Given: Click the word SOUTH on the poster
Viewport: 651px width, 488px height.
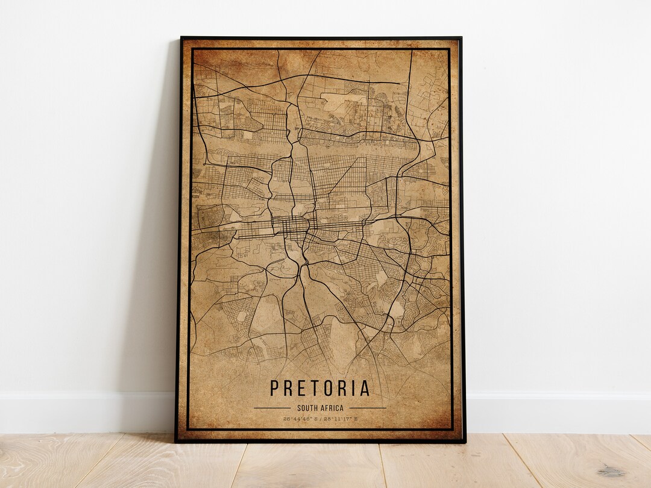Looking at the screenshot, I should (308, 408).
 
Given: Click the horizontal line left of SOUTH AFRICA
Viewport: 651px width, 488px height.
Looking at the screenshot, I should (272, 408).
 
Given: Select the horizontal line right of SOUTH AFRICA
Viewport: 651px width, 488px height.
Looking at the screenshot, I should (367, 408).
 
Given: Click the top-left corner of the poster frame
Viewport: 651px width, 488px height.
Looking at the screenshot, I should (181, 38).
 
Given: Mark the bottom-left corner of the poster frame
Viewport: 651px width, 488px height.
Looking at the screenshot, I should (176, 442).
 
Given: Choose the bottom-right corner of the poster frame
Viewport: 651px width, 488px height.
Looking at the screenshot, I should (465, 442).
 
